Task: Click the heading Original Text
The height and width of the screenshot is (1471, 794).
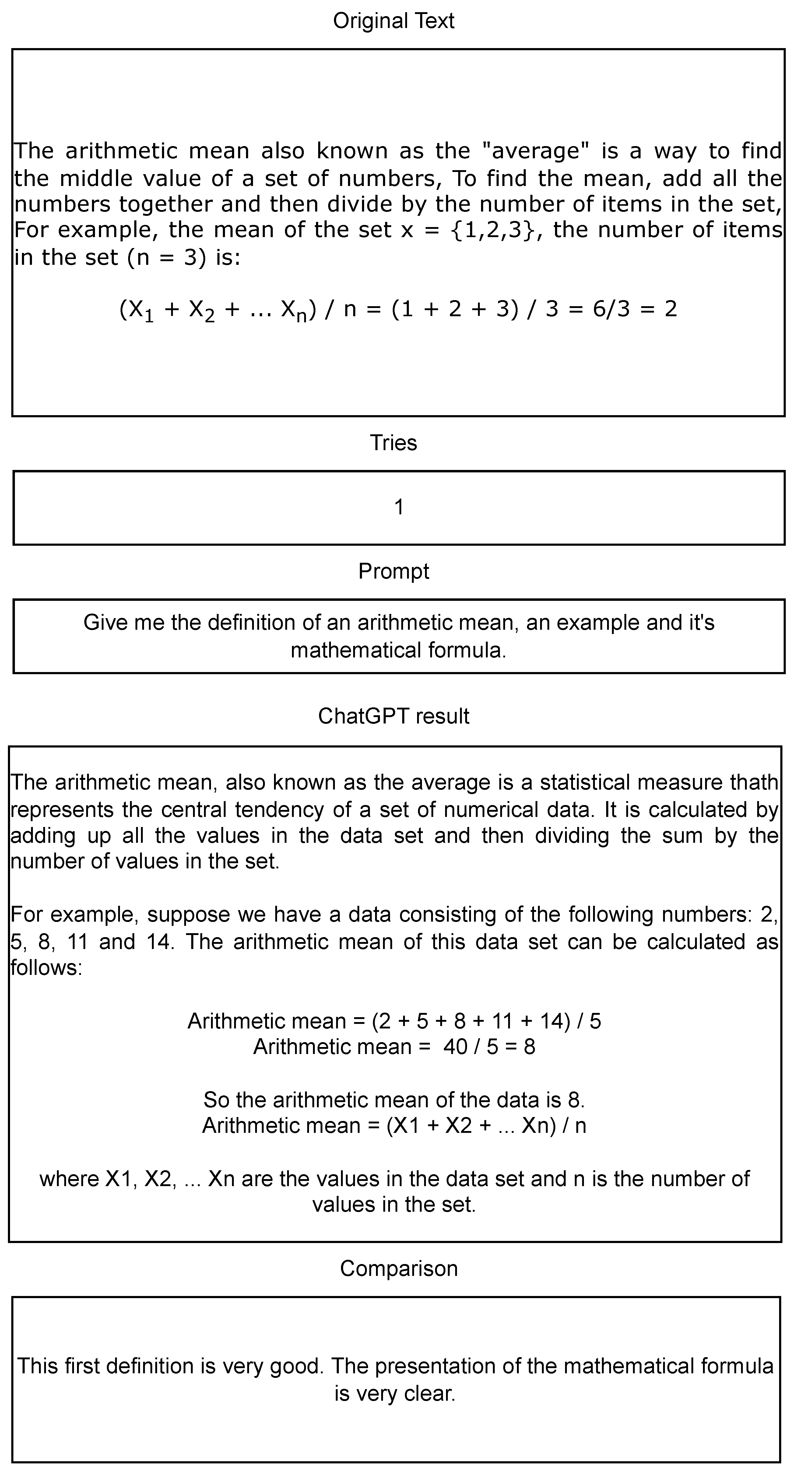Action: (394, 21)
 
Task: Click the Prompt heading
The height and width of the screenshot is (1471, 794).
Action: (394, 571)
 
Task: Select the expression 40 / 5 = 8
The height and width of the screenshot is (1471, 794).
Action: (489, 1047)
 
